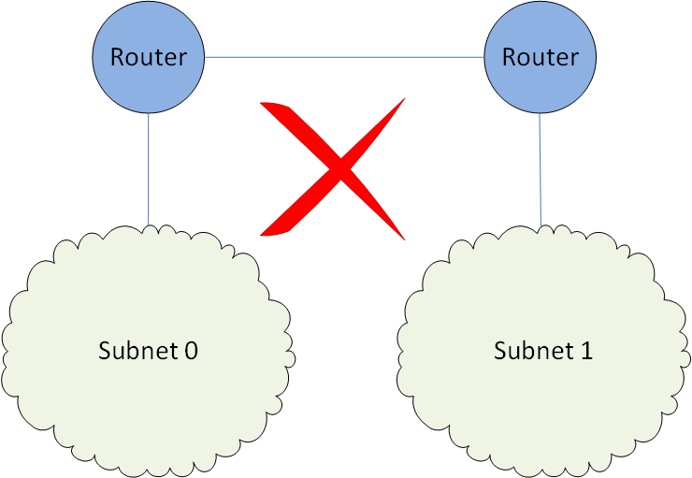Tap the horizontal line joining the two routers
tap(344, 58)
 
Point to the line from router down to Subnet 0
tap(149, 168)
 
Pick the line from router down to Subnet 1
tap(541, 168)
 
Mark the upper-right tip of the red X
tap(404, 100)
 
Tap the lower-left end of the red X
tap(264, 233)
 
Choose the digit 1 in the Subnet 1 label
tap(586, 352)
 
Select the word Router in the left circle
tap(148, 57)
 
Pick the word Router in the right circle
tap(540, 57)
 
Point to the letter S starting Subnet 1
tap(500, 352)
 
